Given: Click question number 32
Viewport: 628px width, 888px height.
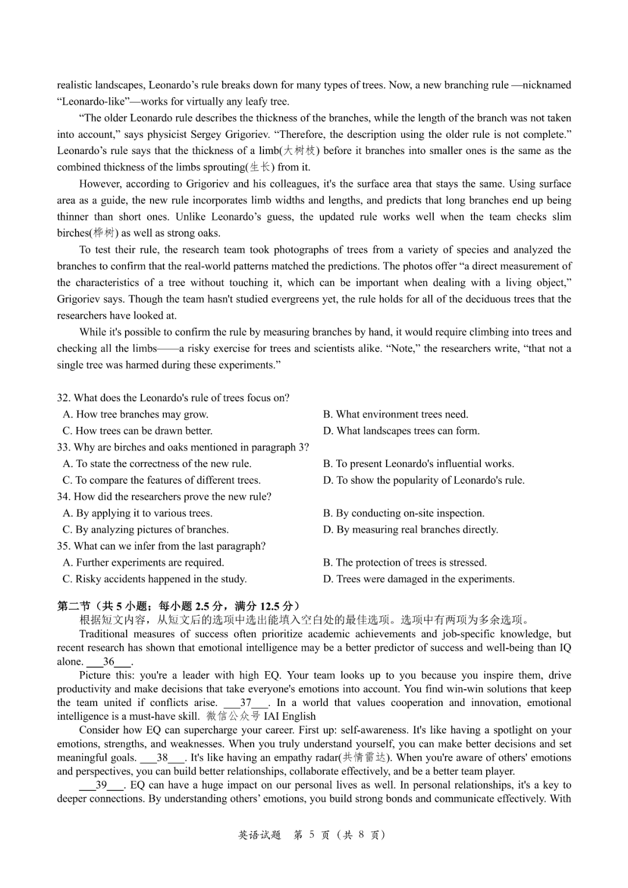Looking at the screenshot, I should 63,398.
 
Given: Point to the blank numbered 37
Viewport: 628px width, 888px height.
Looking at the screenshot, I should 246,702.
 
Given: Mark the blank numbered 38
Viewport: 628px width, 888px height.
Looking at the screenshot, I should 162,758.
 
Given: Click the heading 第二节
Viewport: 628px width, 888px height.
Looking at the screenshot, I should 73,606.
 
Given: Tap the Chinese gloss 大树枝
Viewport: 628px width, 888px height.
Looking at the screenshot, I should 299,151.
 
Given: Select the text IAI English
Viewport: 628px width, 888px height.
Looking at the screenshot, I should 290,716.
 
